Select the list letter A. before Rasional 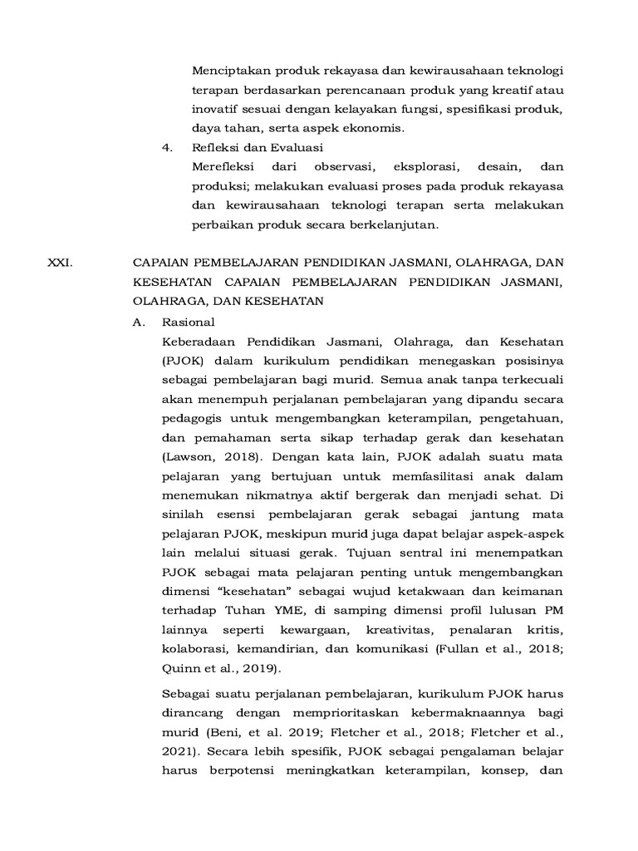(x=140, y=322)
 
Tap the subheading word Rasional (x=189, y=322)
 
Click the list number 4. (x=166, y=148)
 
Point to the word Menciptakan (x=230, y=69)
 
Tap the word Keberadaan (x=199, y=342)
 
